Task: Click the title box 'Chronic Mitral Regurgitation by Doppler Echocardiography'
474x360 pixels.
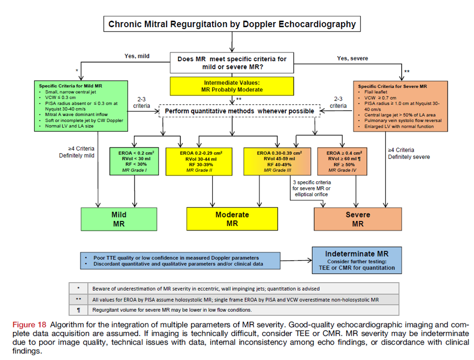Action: (232, 24)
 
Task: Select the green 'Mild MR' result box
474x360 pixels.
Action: (119, 219)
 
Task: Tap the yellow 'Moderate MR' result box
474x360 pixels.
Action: (232, 219)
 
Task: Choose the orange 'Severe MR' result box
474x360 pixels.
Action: (358, 219)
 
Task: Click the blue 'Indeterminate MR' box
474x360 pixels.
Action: (357, 260)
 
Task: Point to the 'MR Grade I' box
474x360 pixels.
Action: (134, 161)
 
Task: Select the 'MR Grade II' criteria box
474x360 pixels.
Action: (199, 162)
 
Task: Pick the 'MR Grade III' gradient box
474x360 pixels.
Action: (277, 162)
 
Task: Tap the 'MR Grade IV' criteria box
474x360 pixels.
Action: (342, 162)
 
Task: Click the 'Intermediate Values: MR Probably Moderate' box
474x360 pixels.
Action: (232, 86)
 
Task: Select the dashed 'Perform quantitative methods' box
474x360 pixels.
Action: (239, 111)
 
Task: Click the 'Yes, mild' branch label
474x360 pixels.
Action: (137, 56)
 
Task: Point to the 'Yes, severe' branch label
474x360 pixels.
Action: (353, 58)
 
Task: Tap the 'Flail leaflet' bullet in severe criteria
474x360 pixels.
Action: (376, 92)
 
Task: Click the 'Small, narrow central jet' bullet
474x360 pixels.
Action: (70, 92)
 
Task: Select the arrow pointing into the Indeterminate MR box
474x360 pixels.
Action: (296, 260)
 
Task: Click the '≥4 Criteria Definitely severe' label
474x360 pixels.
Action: (409, 153)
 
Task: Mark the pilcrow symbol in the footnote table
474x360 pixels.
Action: (79, 310)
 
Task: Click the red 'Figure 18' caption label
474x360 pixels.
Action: (29, 325)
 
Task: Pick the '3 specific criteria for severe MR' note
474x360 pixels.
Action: (311, 188)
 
